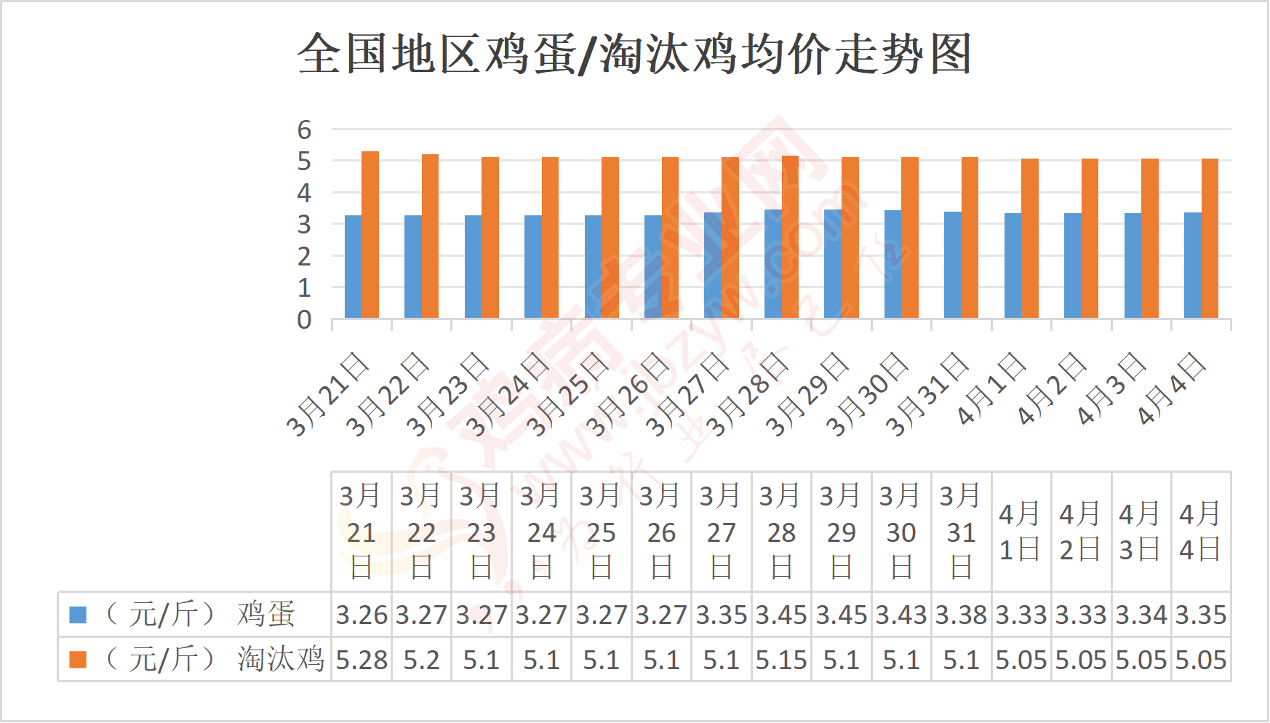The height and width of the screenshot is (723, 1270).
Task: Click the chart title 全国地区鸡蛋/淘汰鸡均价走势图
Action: [x=634, y=54]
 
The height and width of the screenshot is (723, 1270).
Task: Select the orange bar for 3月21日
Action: [x=370, y=235]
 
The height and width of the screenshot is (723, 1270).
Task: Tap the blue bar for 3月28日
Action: [x=773, y=264]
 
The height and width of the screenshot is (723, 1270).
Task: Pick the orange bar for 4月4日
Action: [x=1210, y=239]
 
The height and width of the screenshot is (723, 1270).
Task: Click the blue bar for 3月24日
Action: [x=533, y=267]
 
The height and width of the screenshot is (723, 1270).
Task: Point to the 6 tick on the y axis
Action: [x=304, y=130]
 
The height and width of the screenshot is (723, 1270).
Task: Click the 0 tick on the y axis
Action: [x=304, y=320]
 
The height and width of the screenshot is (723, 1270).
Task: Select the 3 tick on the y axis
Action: [x=304, y=225]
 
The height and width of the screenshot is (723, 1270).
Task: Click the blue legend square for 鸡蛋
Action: [x=78, y=615]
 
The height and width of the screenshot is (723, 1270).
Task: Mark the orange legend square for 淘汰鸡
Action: [x=78, y=660]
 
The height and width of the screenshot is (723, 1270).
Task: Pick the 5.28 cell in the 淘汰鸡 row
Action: [x=362, y=660]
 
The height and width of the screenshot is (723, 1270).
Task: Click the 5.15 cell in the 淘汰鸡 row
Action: [x=781, y=660]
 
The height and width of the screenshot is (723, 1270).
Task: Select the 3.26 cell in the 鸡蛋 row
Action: [x=362, y=615]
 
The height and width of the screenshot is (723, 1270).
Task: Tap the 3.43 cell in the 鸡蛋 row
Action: [x=901, y=615]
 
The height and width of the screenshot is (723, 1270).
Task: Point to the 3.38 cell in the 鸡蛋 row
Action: [x=961, y=615]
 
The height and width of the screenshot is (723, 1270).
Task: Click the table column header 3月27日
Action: [x=722, y=532]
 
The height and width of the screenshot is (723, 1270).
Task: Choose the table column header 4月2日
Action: [x=1081, y=532]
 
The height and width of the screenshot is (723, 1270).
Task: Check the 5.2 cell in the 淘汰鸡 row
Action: [x=421, y=660]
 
